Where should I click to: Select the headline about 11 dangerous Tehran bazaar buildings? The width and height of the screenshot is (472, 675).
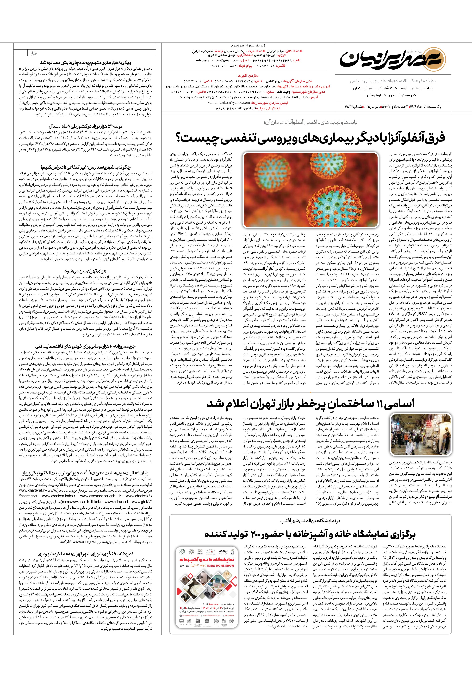coord(311,403)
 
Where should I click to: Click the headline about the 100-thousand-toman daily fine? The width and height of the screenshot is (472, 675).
coord(85,346)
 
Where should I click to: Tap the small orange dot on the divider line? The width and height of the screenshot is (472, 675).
coord(310,392)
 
